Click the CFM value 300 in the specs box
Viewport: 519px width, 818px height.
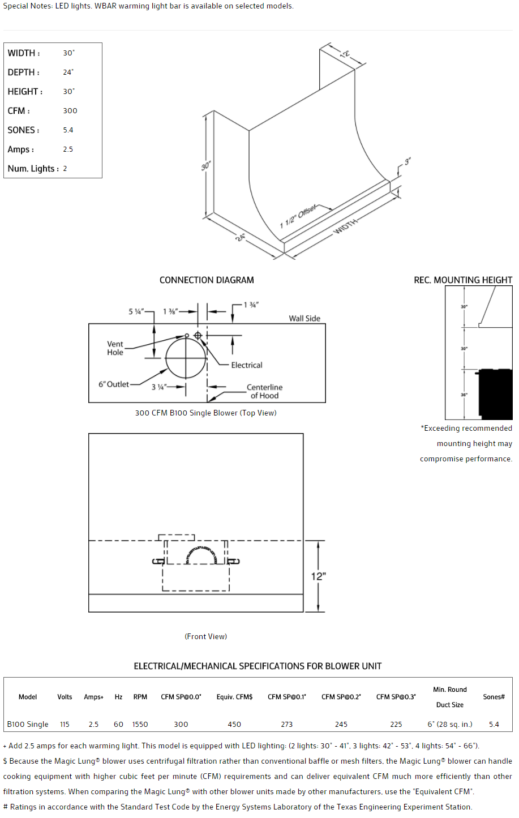pos(70,111)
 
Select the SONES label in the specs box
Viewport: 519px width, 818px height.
pos(23,130)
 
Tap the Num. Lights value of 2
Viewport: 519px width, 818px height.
pos(65,169)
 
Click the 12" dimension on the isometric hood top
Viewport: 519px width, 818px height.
pos(345,54)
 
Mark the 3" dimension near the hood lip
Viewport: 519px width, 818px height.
pos(407,162)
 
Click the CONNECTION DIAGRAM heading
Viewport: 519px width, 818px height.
pos(207,280)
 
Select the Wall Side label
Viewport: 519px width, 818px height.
pos(304,318)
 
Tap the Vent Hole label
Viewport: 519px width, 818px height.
pos(115,348)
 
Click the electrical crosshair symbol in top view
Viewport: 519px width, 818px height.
pos(198,336)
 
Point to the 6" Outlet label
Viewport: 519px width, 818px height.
pos(114,384)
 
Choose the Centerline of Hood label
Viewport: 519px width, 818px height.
pos(264,391)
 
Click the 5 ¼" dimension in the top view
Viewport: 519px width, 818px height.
pos(136,311)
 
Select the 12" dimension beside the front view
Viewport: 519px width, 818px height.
pos(318,576)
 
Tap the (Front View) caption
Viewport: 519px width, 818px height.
pos(206,636)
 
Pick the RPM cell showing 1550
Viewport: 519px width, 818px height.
pos(140,724)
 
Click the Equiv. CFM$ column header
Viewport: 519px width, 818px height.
pos(234,697)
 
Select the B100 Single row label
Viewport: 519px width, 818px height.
pos(28,724)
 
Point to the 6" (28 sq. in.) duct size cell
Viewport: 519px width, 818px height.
pos(450,724)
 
